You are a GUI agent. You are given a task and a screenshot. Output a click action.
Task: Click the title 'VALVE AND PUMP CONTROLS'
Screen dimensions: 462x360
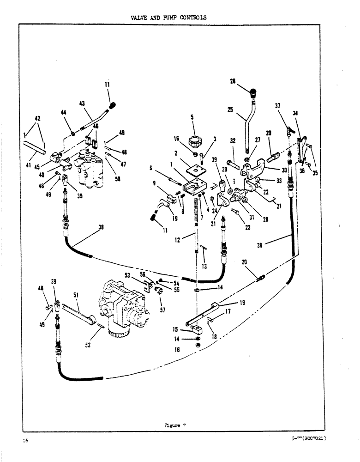[168, 18]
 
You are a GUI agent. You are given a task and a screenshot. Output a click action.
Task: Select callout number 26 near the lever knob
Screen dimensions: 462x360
[233, 81]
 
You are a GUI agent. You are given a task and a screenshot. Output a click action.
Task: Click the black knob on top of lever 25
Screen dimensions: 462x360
[253, 92]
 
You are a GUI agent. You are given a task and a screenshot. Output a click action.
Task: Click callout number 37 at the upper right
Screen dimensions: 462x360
[278, 106]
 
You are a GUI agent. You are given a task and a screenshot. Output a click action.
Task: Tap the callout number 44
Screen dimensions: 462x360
[64, 112]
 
